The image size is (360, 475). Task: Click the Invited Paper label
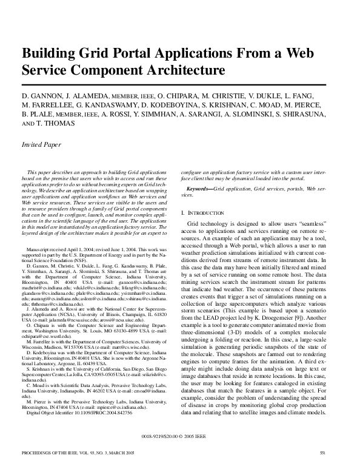(41, 145)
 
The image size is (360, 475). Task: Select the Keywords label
(196, 189)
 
